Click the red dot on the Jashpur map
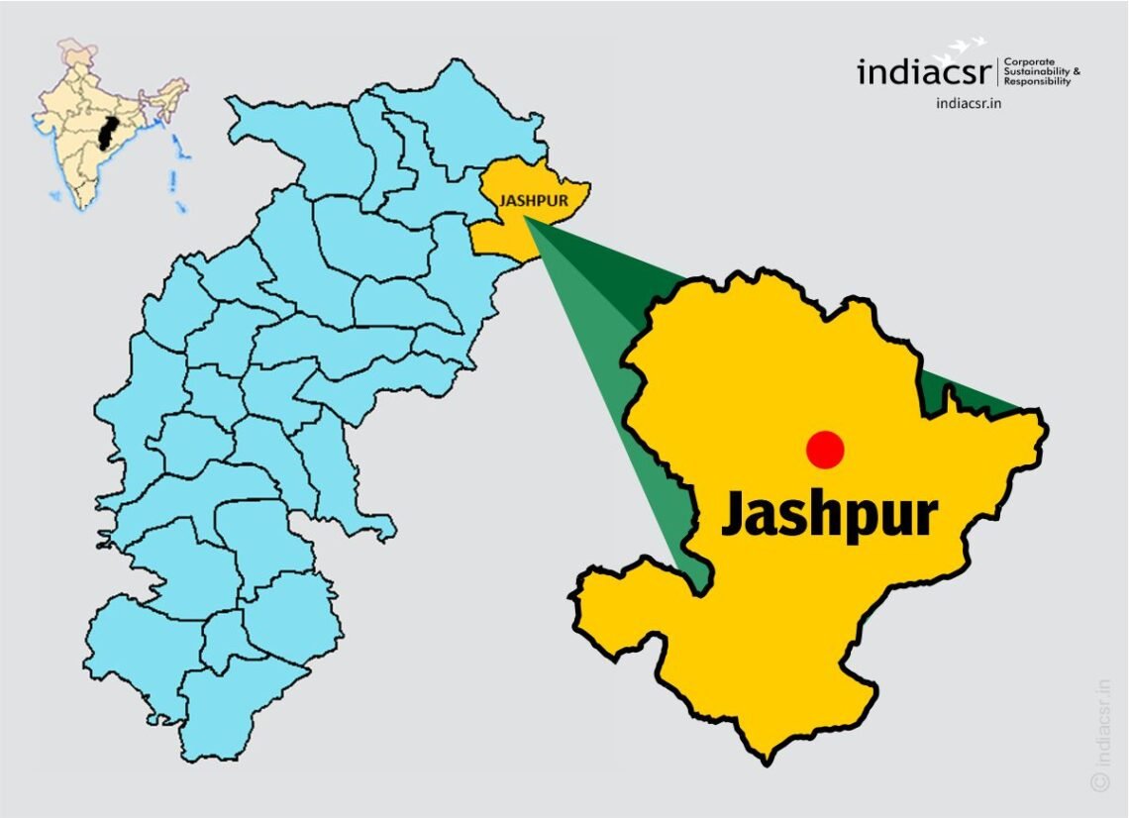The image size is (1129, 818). click(x=824, y=450)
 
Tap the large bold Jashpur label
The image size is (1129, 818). click(x=829, y=514)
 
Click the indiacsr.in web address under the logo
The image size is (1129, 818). click(x=969, y=102)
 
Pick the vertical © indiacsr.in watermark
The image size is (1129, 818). click(x=1100, y=734)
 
